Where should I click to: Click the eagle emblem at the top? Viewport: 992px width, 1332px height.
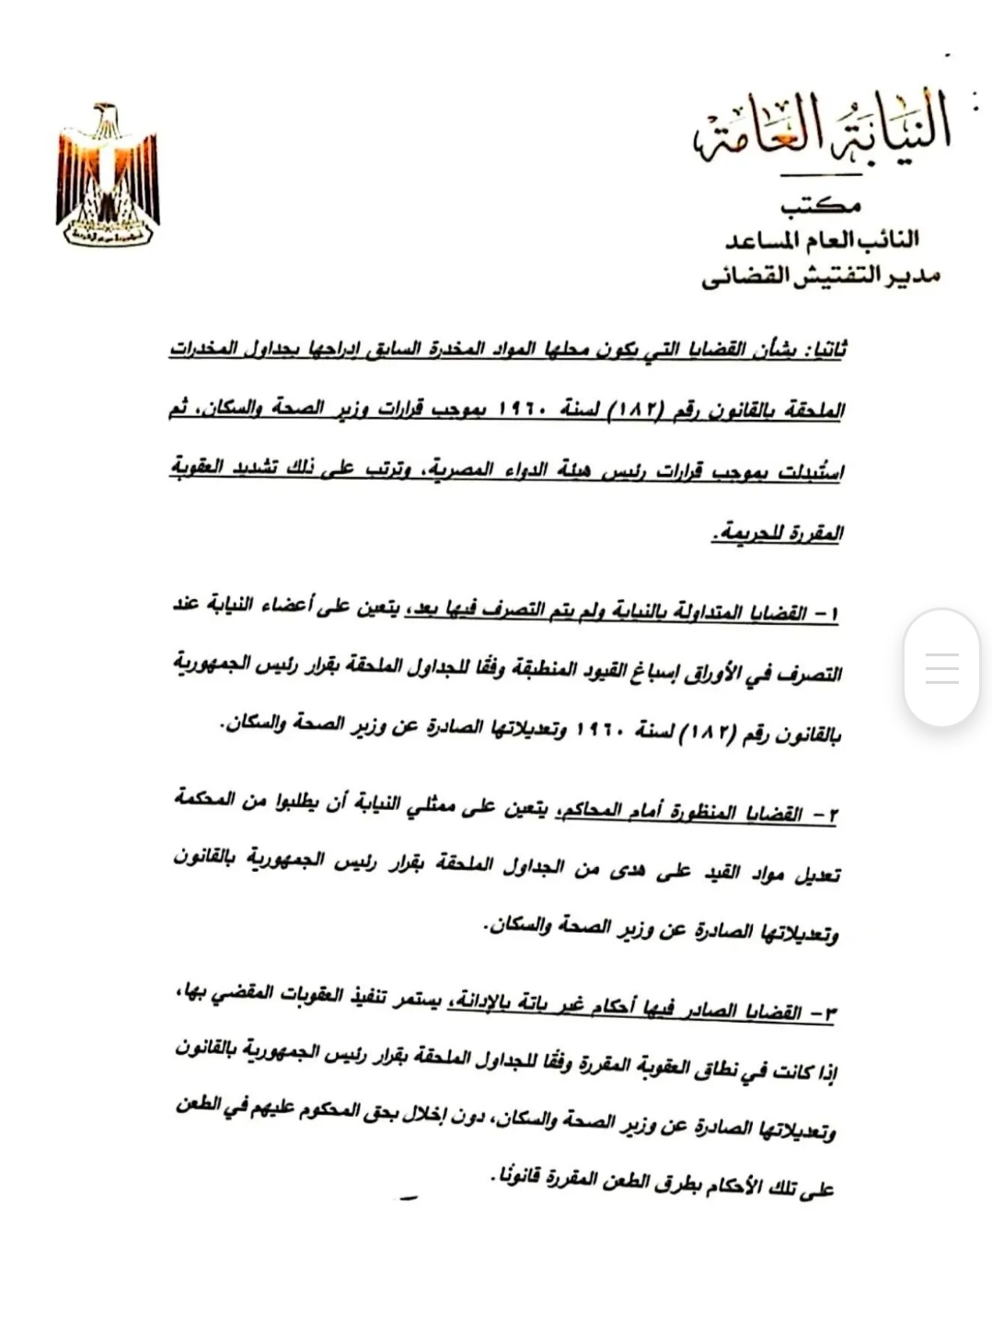108,175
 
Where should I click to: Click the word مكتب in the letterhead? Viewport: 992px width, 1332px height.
821,205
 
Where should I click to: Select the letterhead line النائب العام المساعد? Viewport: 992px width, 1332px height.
822,239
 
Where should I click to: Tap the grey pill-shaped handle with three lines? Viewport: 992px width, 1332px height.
941,667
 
